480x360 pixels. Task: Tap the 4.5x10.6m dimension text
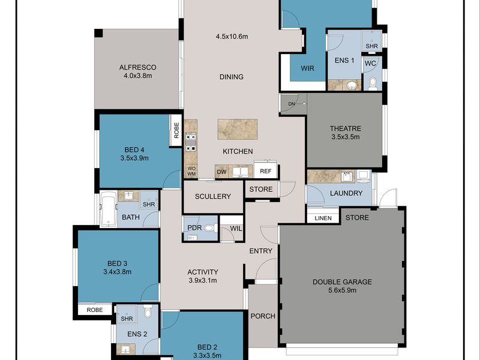[232, 37]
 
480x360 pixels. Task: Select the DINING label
[232, 77]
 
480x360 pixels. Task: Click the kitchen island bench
[237, 128]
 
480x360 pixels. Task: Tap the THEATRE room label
[344, 128]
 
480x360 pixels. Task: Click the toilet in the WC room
[372, 83]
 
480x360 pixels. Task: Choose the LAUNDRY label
[346, 193]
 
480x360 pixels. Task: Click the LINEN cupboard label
[323, 218]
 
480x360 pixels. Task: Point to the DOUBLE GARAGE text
[343, 282]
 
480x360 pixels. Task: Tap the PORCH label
[262, 316]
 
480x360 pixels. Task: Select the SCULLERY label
[212, 197]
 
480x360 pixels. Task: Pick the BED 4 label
[134, 150]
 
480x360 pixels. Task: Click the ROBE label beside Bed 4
[176, 130]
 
